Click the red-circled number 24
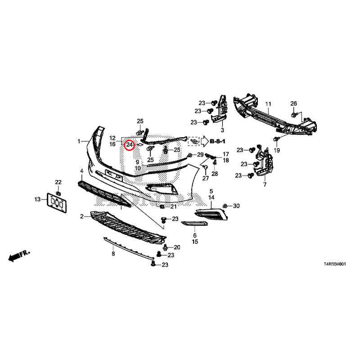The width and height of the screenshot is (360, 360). [129, 145]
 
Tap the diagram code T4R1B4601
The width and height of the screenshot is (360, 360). [334, 264]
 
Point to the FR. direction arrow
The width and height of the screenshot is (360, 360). [19, 255]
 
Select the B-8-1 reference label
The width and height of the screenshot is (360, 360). [217, 141]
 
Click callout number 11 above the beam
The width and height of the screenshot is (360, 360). [268, 104]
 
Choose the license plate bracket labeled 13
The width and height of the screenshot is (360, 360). [57, 203]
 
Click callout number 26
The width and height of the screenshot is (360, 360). [294, 103]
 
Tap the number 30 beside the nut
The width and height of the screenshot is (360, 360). [236, 206]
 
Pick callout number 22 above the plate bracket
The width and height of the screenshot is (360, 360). [58, 182]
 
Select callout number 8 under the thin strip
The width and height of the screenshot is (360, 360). [113, 254]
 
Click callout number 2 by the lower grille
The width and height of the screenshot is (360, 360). [82, 216]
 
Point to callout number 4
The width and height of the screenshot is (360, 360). [82, 171]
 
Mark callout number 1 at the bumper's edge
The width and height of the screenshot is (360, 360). [79, 141]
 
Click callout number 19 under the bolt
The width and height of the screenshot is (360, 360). [277, 150]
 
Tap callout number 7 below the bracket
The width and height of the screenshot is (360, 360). [265, 184]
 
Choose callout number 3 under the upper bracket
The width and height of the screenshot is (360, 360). [222, 130]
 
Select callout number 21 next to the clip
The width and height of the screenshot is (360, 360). [173, 207]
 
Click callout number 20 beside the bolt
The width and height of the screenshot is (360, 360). [177, 247]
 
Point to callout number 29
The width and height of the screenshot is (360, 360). [200, 154]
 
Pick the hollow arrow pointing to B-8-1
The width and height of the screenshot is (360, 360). [204, 141]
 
